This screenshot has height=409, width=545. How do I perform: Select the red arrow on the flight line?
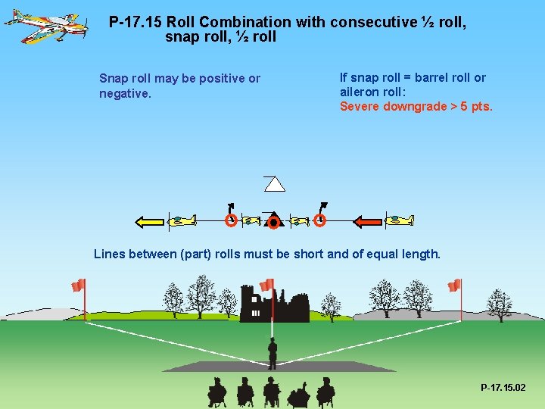tap(369, 221)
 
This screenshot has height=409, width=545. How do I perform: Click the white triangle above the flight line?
tap(274, 183)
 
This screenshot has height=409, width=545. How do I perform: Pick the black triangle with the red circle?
tap(273, 220)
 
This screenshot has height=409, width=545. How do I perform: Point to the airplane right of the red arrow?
tap(400, 220)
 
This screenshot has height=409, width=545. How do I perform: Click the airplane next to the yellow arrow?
tap(182, 221)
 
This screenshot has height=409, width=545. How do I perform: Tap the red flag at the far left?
tap(78, 286)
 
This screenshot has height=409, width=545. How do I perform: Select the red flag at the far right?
tap(454, 286)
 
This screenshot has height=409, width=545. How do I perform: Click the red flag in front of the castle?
tap(266, 285)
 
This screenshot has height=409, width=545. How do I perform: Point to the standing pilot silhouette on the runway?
tap(272, 353)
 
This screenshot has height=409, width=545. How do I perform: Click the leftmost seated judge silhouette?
tap(217, 392)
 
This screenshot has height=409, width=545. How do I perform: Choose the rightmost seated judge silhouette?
tap(325, 392)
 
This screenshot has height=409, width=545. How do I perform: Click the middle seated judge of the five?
tap(271, 392)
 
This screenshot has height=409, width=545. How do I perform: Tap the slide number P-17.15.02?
tap(503, 388)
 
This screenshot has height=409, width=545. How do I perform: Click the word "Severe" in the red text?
tap(360, 106)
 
